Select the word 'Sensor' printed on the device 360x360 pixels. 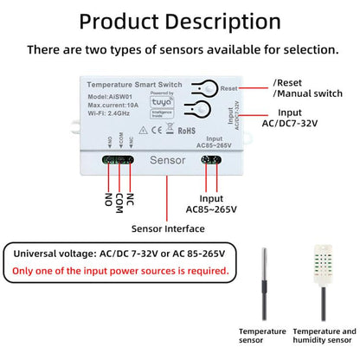tap(168, 159)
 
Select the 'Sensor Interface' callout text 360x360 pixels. tap(168, 228)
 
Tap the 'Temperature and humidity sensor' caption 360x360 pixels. tap(324, 337)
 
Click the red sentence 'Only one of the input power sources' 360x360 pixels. tap(121, 271)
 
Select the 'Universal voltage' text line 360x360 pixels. tap(119, 253)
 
